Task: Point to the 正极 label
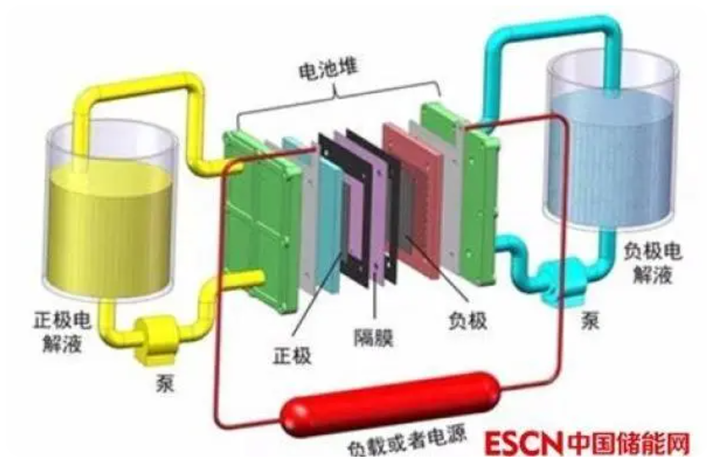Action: click(x=292, y=353)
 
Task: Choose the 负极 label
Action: click(x=468, y=319)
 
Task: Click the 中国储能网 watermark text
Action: click(x=629, y=444)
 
